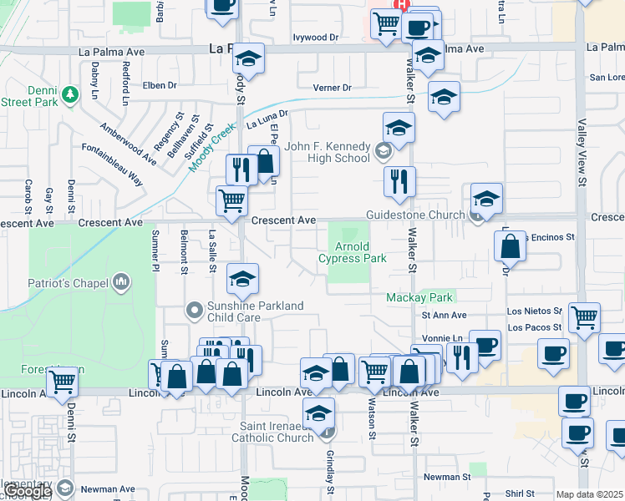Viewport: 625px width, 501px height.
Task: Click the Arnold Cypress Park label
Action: pyautogui.click(x=353, y=252)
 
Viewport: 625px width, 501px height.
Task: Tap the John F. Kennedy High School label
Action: pyautogui.click(x=328, y=152)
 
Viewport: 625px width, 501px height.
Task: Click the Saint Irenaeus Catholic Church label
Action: pyautogui.click(x=267, y=432)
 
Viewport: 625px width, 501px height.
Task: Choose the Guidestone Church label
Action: pyautogui.click(x=415, y=215)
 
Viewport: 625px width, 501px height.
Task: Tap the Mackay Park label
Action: pyautogui.click(x=419, y=297)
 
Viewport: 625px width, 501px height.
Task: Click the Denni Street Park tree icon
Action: pyautogui.click(x=72, y=92)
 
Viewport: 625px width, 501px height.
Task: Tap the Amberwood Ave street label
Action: pyautogui.click(x=128, y=144)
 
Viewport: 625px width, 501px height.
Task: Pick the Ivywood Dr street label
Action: pyautogui.click(x=315, y=38)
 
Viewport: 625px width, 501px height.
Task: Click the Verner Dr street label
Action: pyautogui.click(x=332, y=88)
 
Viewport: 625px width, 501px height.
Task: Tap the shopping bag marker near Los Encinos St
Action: pyautogui.click(x=510, y=246)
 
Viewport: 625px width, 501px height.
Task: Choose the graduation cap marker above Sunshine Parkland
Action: pyautogui.click(x=242, y=278)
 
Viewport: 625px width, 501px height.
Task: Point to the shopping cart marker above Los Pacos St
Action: pyautogui.click(x=584, y=316)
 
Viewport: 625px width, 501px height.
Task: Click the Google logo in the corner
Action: pyautogui.click(x=28, y=492)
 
